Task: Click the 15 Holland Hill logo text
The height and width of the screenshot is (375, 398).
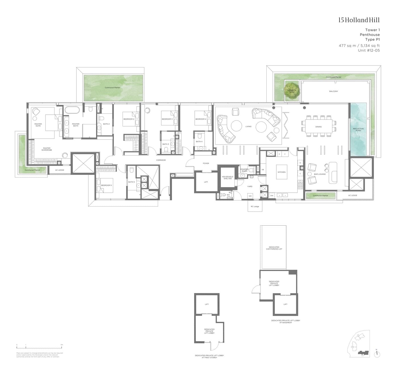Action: [x=359, y=20]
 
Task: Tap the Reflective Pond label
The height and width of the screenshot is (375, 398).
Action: [x=358, y=130]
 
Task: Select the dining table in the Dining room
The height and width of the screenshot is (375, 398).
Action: [x=318, y=127]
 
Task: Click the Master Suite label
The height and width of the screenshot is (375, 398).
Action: [x=38, y=125]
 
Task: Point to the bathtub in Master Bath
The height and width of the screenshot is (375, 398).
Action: [x=72, y=110]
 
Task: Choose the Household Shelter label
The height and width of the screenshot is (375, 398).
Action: [x=227, y=178]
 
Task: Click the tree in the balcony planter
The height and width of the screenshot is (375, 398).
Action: [x=292, y=90]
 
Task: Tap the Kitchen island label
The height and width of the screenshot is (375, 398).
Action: [x=281, y=172]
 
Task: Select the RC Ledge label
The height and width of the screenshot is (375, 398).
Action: [x=255, y=207]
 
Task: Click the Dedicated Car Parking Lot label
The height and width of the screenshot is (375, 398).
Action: [x=274, y=248]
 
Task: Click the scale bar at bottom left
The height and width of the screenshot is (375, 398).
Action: [x=39, y=347]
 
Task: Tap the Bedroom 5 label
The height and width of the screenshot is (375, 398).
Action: [x=107, y=186]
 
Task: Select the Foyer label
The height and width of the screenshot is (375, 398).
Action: [x=206, y=164]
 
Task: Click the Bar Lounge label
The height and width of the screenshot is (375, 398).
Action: [x=320, y=174]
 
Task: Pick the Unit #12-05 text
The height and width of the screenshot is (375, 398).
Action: [x=369, y=50]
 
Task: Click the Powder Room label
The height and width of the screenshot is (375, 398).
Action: [x=244, y=170]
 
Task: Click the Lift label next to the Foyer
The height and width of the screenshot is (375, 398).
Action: [x=206, y=182]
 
